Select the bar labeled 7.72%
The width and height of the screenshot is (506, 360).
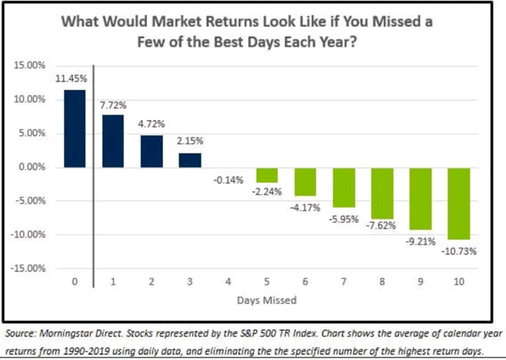(x=114, y=140)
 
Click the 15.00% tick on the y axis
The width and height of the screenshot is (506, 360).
(x=31, y=66)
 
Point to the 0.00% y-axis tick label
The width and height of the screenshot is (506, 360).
(x=32, y=167)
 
